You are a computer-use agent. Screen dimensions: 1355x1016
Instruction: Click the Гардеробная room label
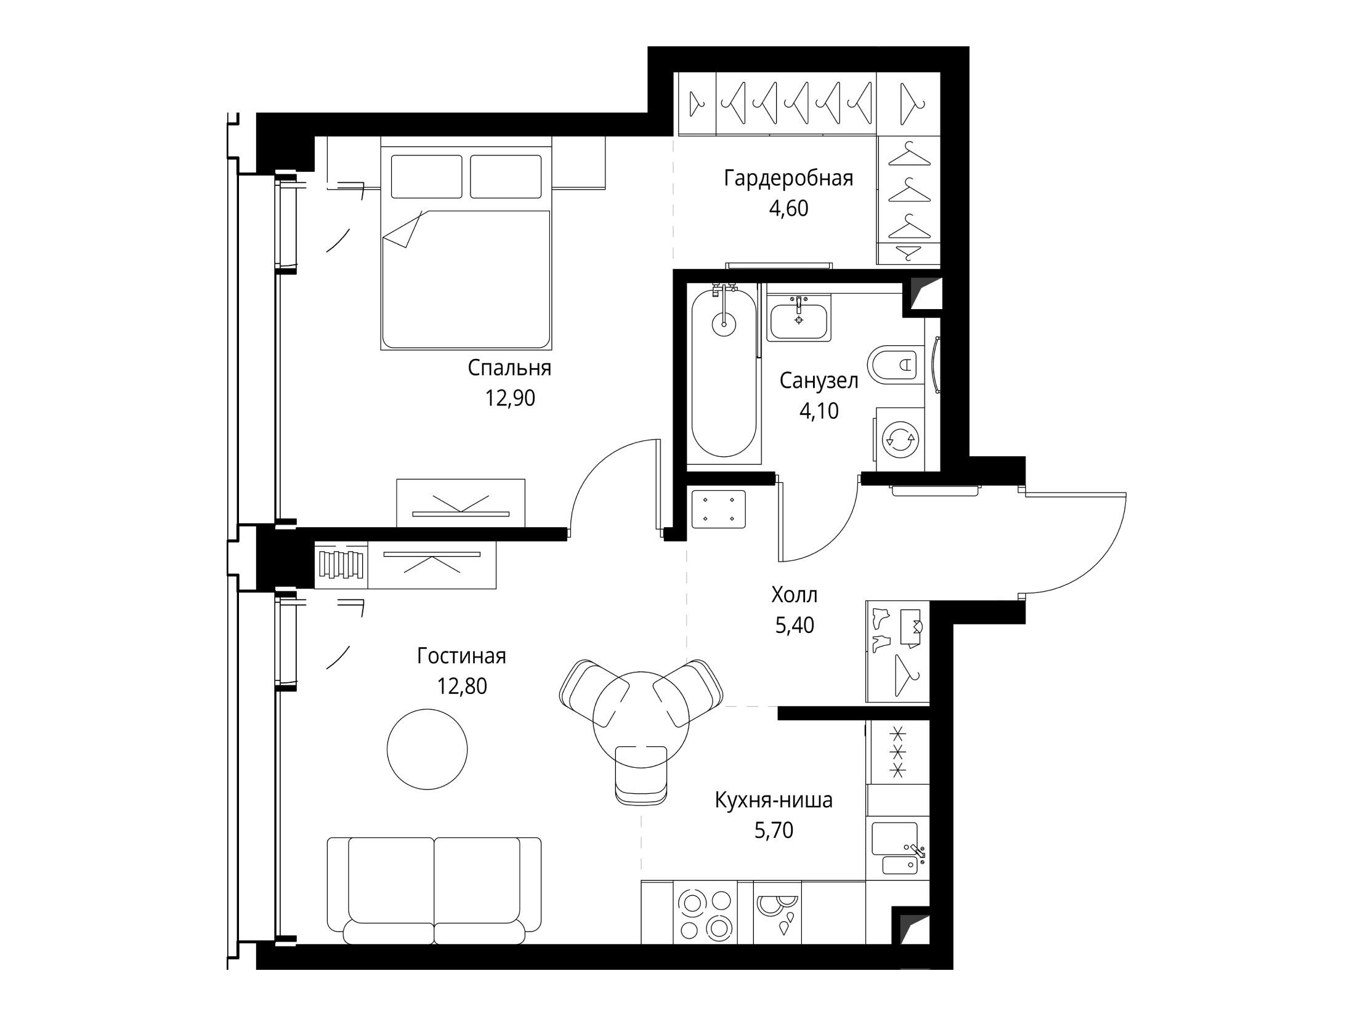[x=788, y=179]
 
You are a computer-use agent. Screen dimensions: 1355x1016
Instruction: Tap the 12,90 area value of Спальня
[x=510, y=398]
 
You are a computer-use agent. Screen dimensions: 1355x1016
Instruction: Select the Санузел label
[x=819, y=381]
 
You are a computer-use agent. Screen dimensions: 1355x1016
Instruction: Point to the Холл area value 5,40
[x=795, y=626]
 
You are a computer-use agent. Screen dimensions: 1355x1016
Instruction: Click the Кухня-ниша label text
[x=774, y=800]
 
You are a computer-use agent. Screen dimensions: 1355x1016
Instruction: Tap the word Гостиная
[x=461, y=656]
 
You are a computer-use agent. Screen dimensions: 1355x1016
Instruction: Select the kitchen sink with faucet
[x=897, y=849]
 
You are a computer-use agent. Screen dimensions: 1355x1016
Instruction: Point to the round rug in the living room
[x=427, y=749]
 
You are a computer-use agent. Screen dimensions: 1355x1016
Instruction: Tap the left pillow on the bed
[x=426, y=177]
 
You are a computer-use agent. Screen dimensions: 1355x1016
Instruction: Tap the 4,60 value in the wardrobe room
[x=788, y=209]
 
